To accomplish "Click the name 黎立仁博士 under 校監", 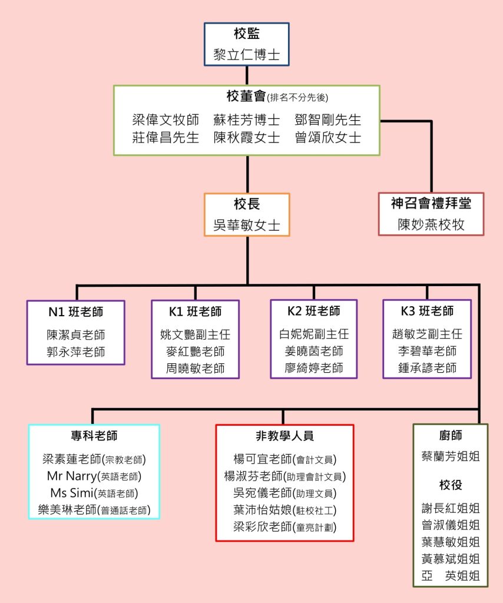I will click(246, 57).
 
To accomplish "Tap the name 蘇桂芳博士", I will click(247, 120).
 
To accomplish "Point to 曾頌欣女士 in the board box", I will click(327, 137).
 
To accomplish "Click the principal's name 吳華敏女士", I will click(247, 225).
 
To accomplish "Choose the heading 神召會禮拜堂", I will click(431, 204).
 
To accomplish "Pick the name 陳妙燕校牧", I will click(431, 225).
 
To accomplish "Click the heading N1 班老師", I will click(76, 312).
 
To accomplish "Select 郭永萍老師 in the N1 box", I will click(76, 352).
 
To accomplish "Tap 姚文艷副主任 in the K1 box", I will click(195, 334).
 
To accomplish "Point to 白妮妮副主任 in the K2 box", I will click(314, 334).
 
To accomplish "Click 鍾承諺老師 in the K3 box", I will click(427, 368).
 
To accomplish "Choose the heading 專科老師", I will click(94, 436).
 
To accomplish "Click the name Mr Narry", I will click(71, 476).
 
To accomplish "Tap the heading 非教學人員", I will click(284, 436).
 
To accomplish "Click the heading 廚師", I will click(450, 436).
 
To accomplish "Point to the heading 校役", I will click(450, 485).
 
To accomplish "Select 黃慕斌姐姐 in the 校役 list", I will click(450, 558).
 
